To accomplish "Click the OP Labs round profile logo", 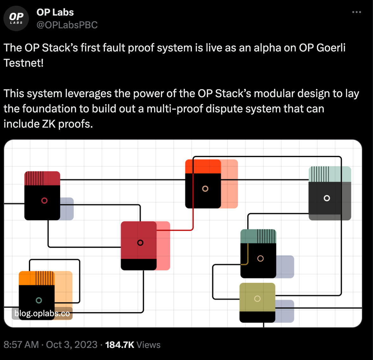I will [x=16, y=18].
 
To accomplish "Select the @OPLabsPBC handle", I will [x=67, y=25].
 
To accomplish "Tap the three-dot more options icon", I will [x=357, y=12].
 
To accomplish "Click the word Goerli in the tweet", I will [x=331, y=48].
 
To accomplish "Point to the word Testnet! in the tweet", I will [x=23, y=63].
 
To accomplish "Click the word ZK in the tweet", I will [x=49, y=124].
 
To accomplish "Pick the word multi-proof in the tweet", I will [x=175, y=109].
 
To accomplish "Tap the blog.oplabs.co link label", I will [x=42, y=313].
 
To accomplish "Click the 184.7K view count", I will [x=120, y=345].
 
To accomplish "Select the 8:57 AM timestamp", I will [x=21, y=345].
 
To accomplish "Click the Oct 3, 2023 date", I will [x=72, y=345].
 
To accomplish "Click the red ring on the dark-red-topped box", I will [x=44, y=201].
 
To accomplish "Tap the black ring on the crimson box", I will [x=140, y=243].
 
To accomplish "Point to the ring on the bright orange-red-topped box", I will [x=205, y=189].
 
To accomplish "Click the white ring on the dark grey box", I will [x=327, y=198].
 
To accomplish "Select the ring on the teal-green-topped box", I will [x=260, y=258].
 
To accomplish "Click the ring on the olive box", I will [x=257, y=299].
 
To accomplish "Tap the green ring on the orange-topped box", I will [x=39, y=300].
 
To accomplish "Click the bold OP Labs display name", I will [x=55, y=12].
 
